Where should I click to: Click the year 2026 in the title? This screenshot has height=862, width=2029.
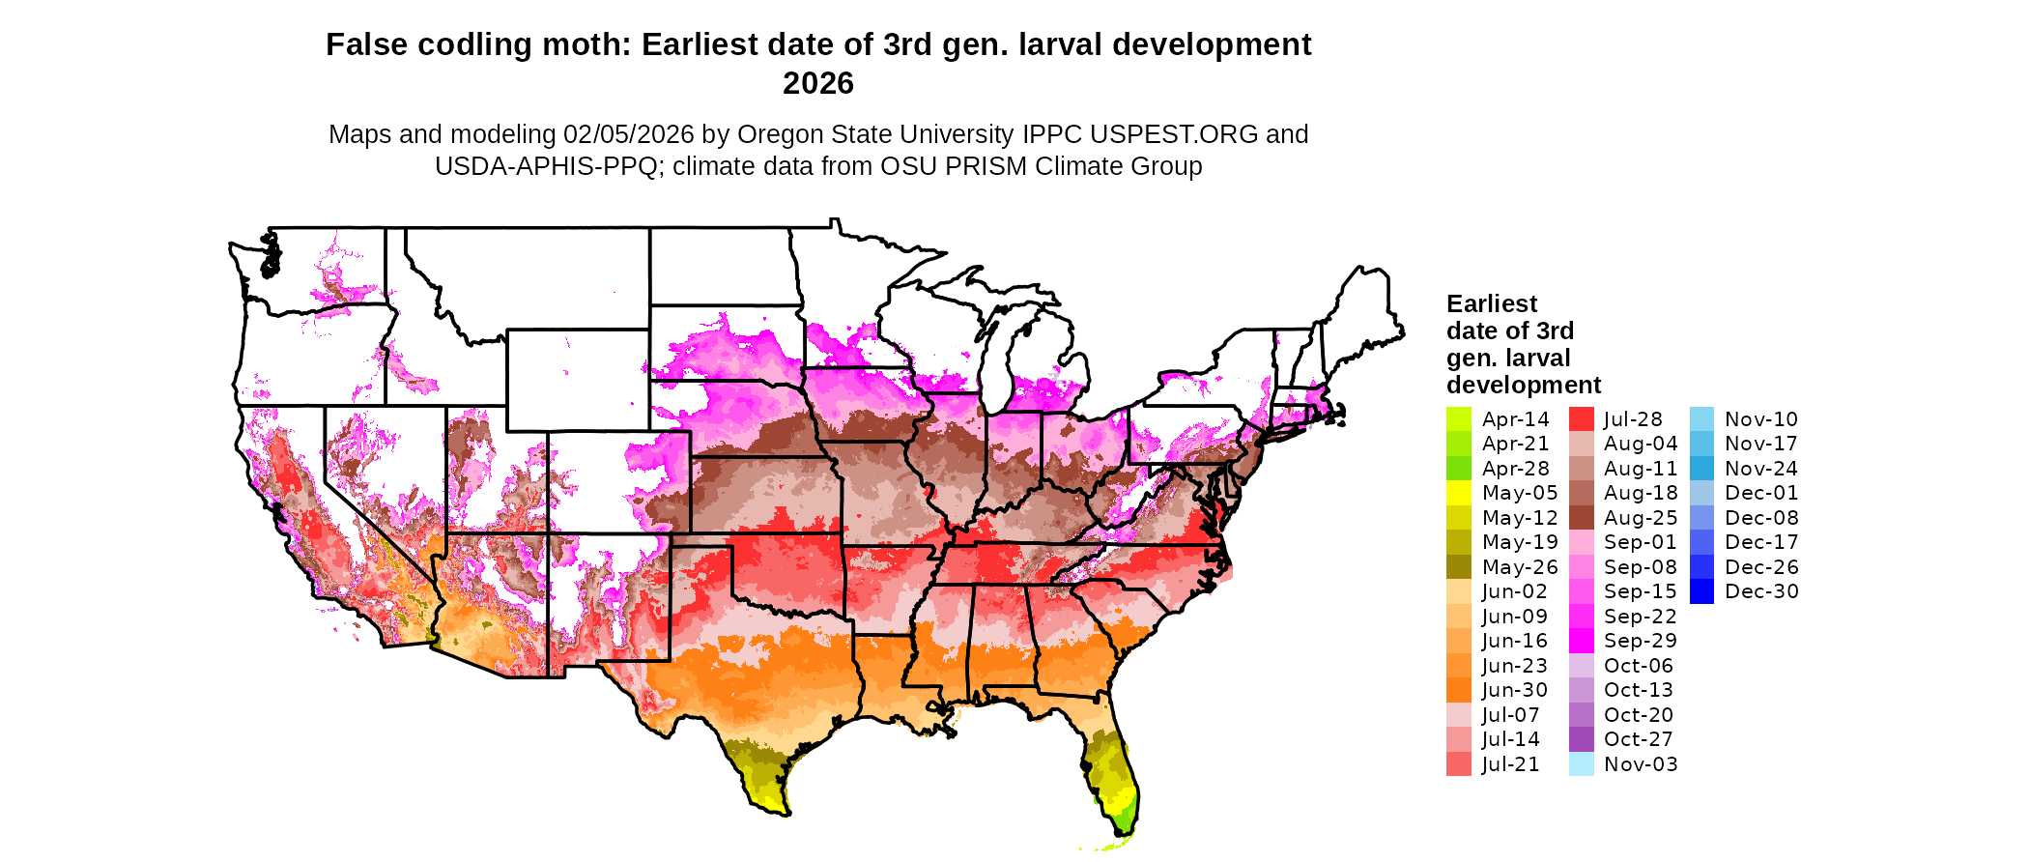click(817, 84)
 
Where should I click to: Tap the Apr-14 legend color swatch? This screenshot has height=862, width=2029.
click(1458, 419)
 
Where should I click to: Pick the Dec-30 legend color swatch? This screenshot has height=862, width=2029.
click(1702, 591)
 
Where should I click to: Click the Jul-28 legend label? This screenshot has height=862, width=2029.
click(1633, 419)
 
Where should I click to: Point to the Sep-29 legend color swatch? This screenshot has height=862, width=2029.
click(1581, 641)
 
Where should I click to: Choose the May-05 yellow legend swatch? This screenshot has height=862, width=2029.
click(1458, 493)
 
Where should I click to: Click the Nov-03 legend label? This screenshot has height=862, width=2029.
click(1641, 764)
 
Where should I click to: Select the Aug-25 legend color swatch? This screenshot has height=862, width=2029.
click(1581, 518)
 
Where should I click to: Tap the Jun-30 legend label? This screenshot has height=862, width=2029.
click(1515, 690)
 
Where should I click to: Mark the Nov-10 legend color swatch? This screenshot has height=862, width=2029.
click(1702, 419)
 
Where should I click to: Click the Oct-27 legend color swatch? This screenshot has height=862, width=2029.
click(1581, 739)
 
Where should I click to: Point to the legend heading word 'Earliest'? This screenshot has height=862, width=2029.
click(1491, 304)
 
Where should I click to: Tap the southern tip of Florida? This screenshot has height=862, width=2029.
click(1124, 833)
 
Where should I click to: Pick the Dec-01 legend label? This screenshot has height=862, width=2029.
click(1761, 493)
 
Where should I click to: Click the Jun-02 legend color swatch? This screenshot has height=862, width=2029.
click(1458, 591)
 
